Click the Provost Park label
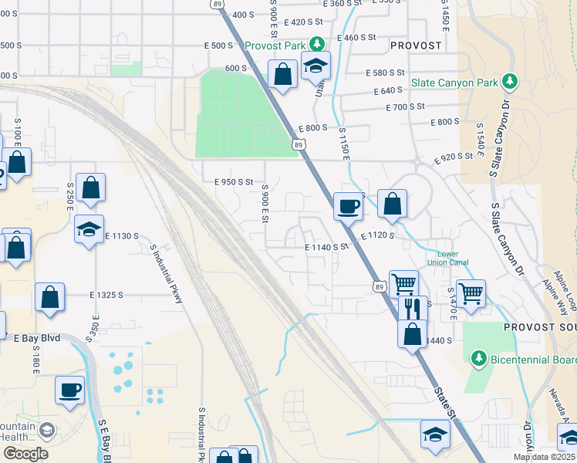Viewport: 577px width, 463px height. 275,46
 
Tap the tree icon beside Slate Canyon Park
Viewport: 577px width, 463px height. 508,81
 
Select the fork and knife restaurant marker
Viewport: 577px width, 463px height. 413,309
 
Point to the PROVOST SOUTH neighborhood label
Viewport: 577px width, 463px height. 540,327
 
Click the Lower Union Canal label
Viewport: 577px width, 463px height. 453,258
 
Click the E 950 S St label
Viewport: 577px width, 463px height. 234,182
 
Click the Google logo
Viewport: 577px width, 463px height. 25,454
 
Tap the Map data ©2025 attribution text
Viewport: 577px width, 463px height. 545,457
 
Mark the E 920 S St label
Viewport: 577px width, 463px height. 454,157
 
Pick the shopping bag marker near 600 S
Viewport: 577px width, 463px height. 283,75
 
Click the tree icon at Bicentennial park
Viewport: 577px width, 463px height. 478,359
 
